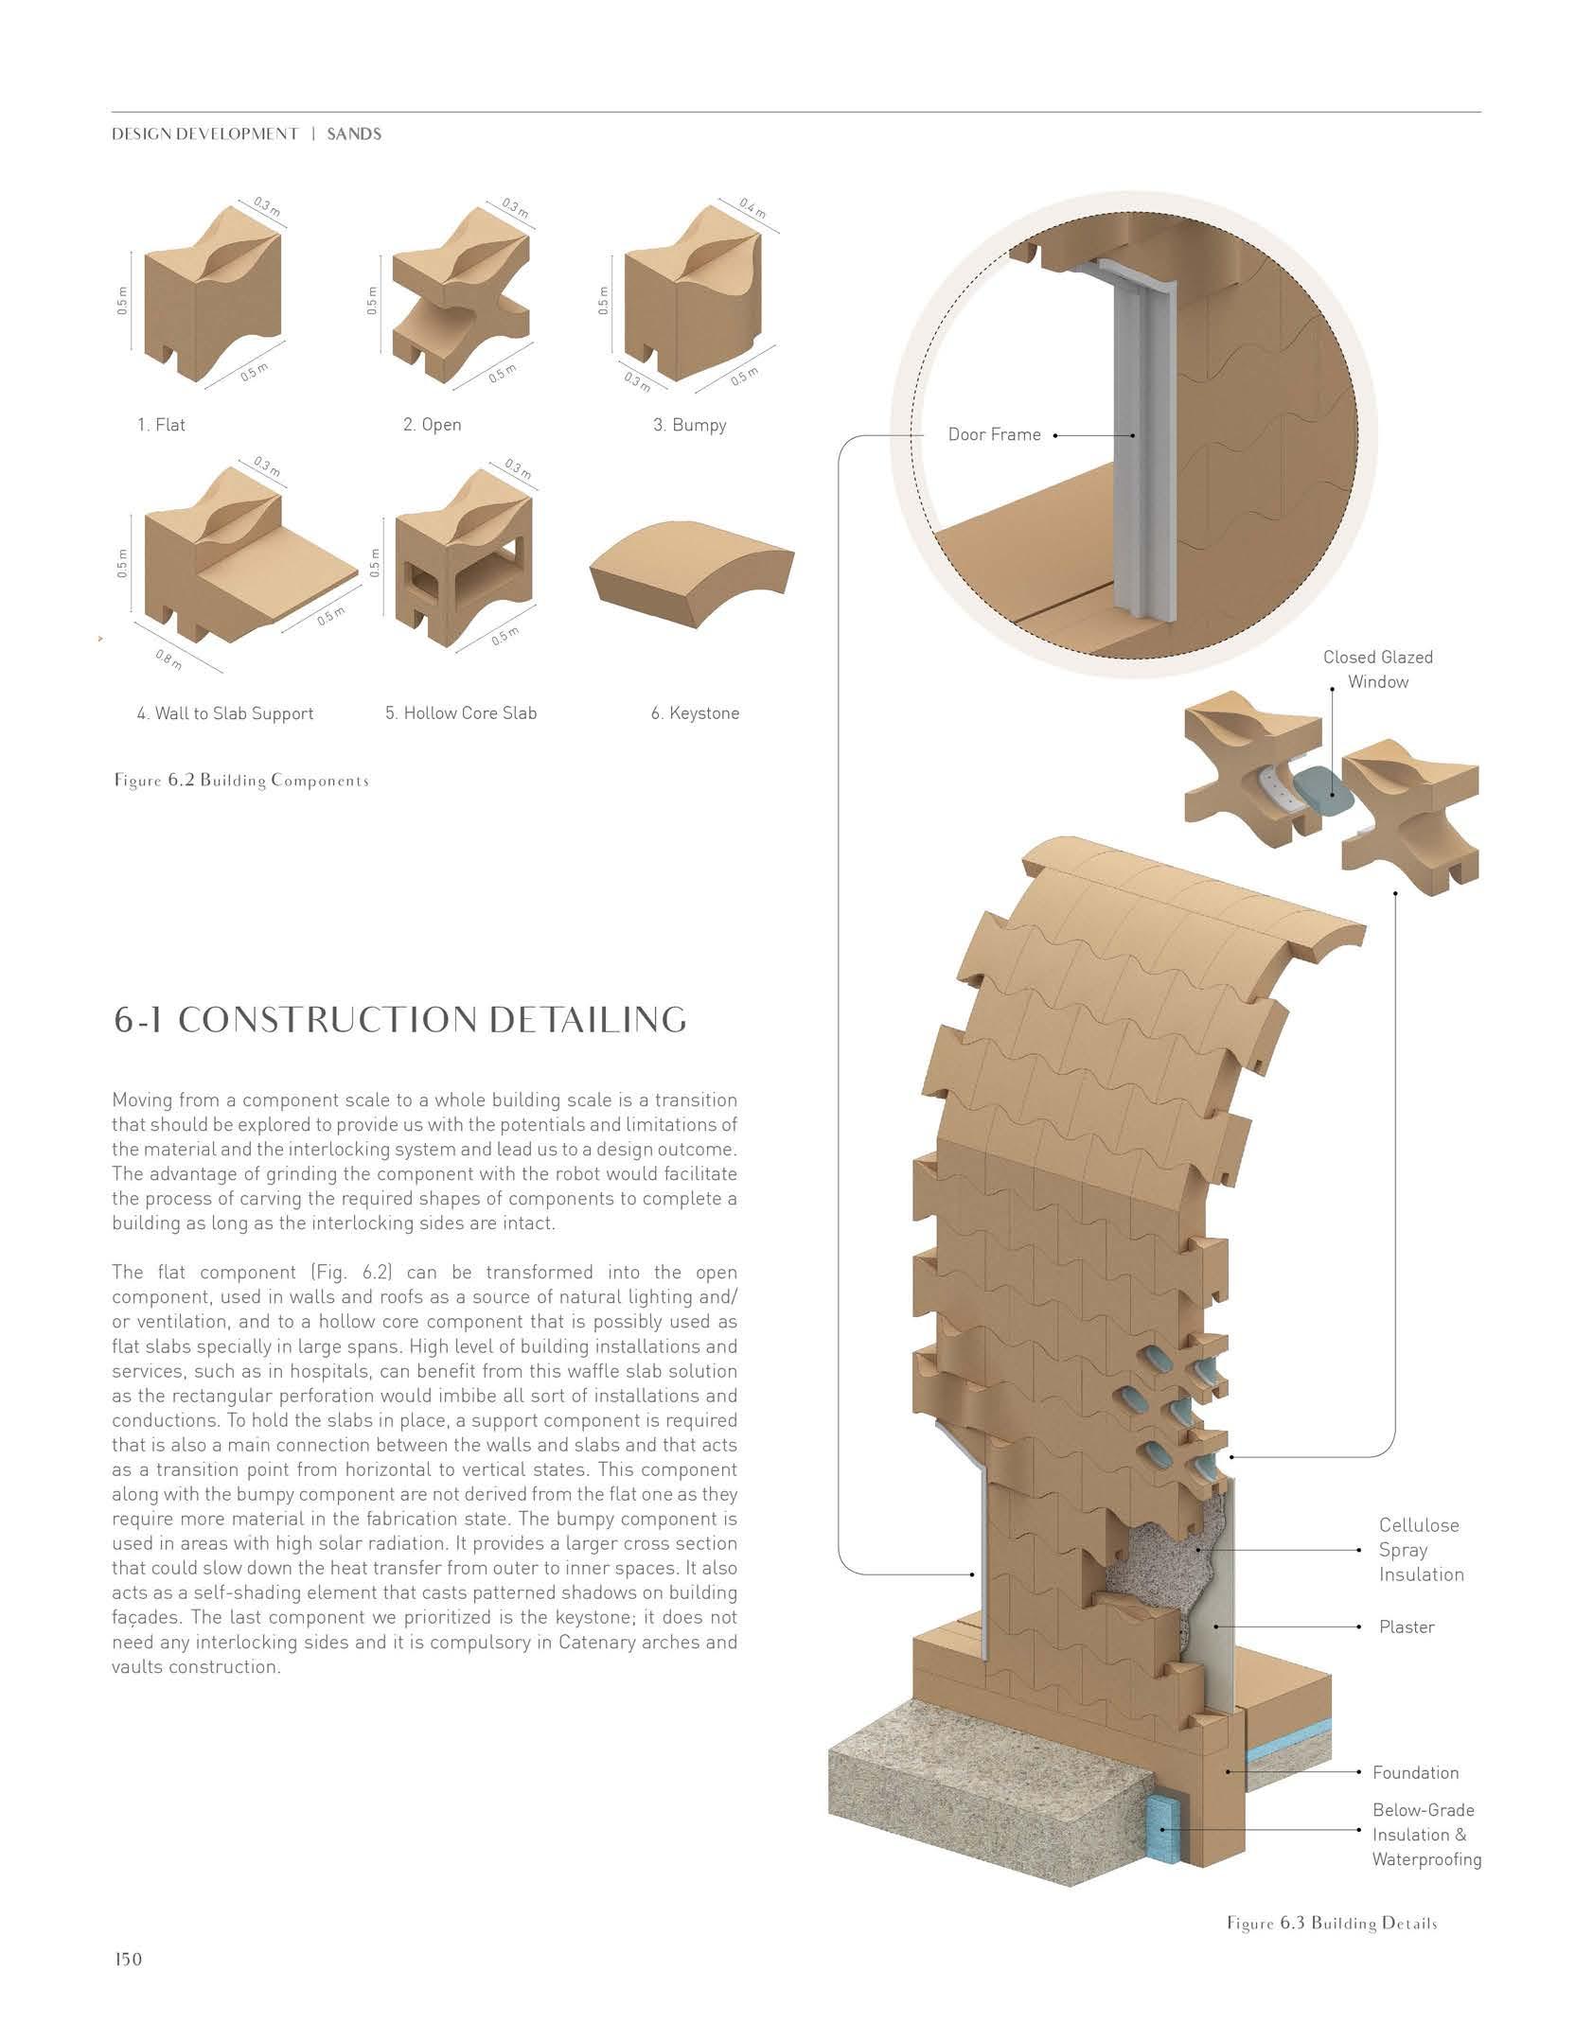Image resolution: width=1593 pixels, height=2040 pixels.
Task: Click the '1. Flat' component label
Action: click(161, 425)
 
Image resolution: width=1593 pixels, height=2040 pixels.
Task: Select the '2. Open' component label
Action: click(432, 425)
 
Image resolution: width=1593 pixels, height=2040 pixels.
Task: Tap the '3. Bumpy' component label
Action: click(689, 425)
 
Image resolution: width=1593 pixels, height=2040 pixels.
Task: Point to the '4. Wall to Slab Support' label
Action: click(224, 713)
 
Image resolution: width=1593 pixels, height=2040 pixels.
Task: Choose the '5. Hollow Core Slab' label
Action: click(460, 713)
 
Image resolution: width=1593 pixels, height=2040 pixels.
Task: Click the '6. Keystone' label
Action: click(695, 713)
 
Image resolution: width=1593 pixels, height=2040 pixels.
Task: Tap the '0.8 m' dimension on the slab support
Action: click(168, 659)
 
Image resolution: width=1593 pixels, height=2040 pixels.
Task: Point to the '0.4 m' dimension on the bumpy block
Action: click(752, 208)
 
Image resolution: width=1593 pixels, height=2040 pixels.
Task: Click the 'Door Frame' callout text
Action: click(994, 435)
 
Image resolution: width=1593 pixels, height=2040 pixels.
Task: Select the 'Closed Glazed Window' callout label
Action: click(1377, 669)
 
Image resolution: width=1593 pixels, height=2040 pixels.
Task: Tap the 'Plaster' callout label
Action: click(1407, 1627)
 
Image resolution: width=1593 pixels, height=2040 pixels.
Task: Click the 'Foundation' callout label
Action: click(1415, 1772)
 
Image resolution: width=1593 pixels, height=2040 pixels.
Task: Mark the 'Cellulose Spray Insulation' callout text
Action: click(1420, 1550)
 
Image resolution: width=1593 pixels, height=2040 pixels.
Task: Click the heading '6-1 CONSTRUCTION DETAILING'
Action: click(399, 1020)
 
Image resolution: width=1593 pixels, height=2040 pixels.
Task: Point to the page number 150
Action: click(127, 1959)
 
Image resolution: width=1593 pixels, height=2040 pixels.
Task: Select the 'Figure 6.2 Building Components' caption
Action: click(240, 781)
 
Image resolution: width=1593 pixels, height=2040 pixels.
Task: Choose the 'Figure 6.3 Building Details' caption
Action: click(1332, 1924)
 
